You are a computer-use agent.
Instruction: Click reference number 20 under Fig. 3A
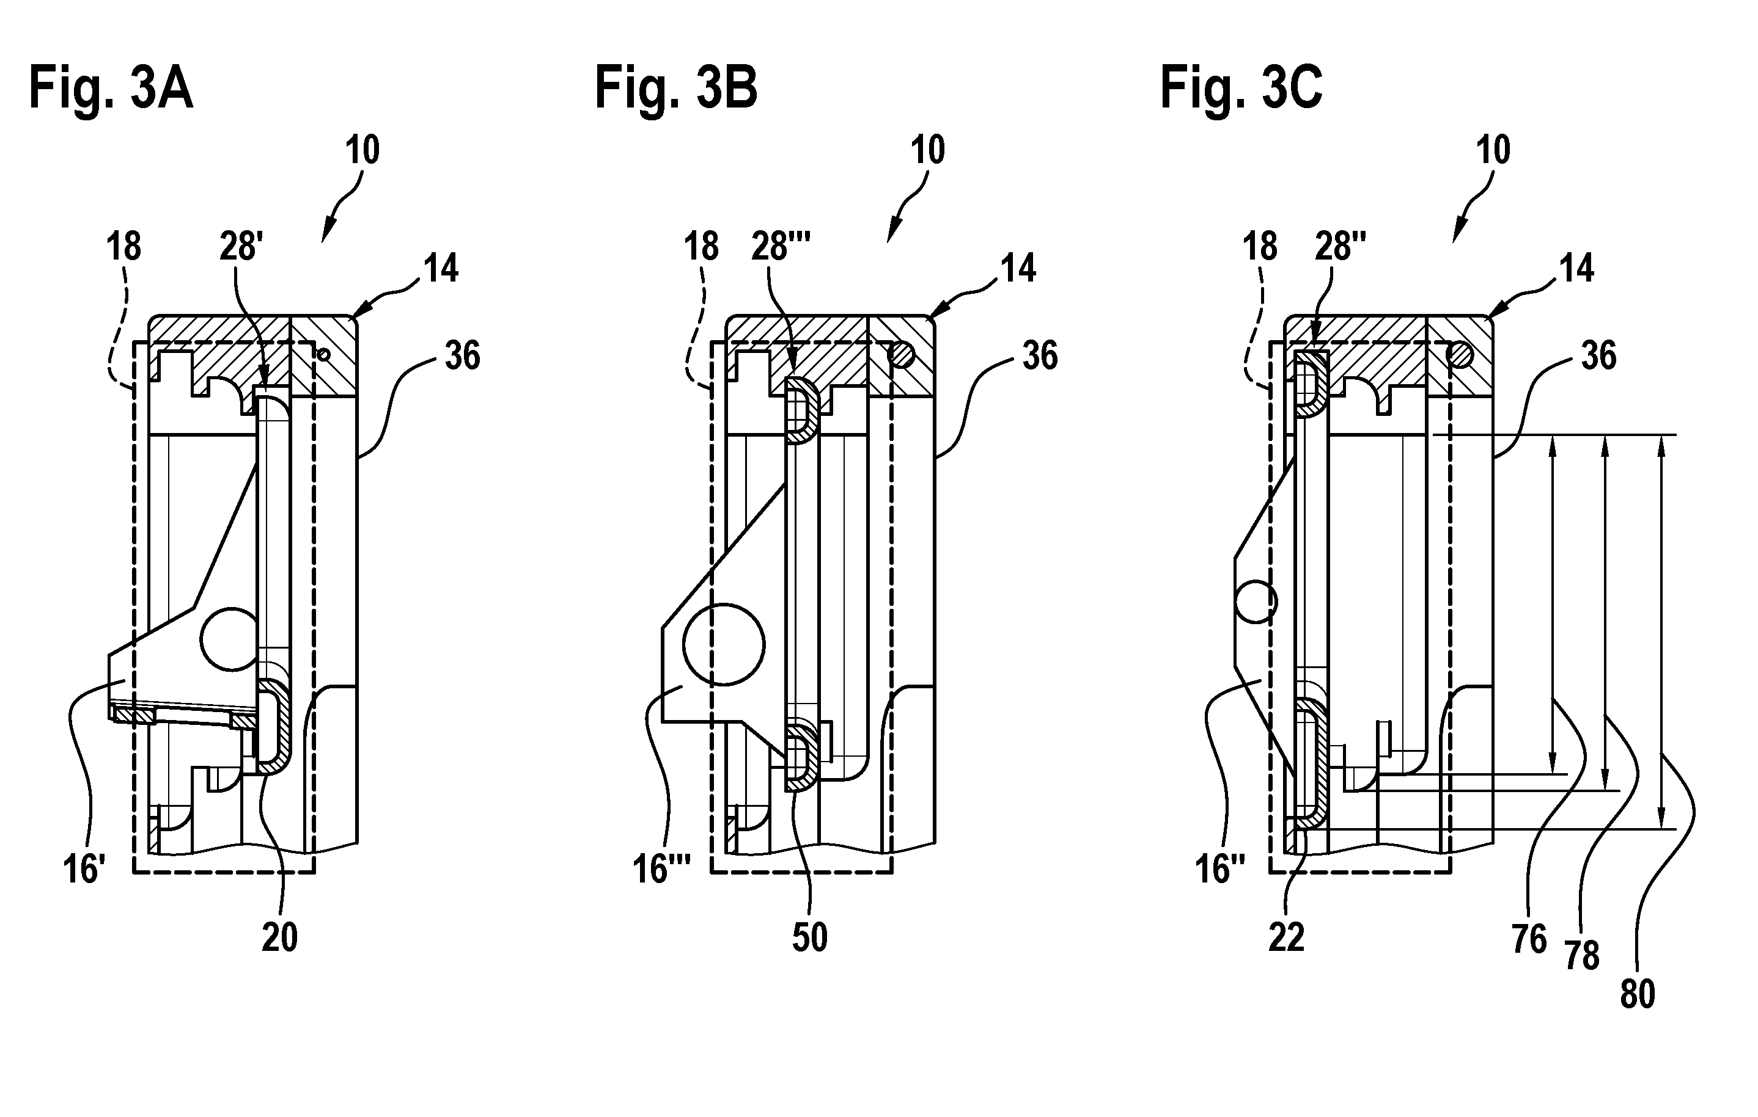point(279,937)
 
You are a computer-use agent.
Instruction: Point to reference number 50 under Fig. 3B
point(810,937)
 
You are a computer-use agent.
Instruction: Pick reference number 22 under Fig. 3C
point(1285,937)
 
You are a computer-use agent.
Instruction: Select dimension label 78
point(1581,955)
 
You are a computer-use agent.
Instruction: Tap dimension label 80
point(1637,994)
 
